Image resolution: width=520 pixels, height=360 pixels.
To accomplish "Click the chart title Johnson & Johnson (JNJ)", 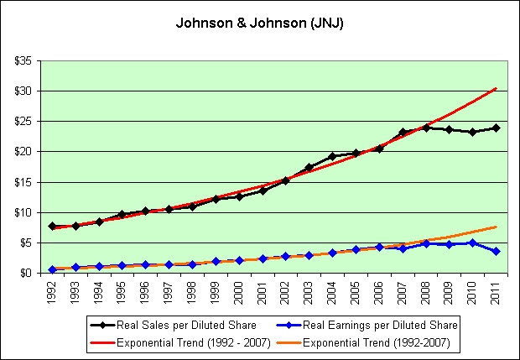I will [x=259, y=23].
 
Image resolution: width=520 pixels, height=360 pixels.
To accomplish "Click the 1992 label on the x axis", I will [x=53, y=292].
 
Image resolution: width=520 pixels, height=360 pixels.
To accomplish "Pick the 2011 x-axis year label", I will [x=496, y=292].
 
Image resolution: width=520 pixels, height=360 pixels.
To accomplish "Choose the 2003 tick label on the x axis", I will [x=309, y=292].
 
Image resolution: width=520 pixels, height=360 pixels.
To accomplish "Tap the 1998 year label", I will [x=193, y=292].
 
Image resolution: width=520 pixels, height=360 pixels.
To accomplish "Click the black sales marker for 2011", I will [x=496, y=128].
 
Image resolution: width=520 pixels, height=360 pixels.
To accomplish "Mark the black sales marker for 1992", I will [x=53, y=227].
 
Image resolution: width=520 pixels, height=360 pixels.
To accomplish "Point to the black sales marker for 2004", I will [x=332, y=156].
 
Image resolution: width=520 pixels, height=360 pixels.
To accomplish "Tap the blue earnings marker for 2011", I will [x=496, y=251].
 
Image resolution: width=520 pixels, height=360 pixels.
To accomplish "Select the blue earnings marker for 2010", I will [x=472, y=243].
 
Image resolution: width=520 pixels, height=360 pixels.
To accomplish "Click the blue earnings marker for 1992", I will [x=53, y=269].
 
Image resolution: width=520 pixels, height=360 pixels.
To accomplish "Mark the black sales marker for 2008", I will [x=426, y=128].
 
